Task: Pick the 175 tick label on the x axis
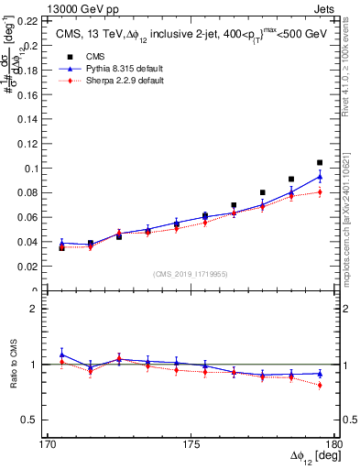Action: click(191, 445)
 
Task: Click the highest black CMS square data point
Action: click(320, 162)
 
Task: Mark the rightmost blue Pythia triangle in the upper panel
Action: click(320, 176)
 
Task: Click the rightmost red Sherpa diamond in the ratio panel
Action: click(320, 386)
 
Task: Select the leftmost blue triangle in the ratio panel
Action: click(61, 354)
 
